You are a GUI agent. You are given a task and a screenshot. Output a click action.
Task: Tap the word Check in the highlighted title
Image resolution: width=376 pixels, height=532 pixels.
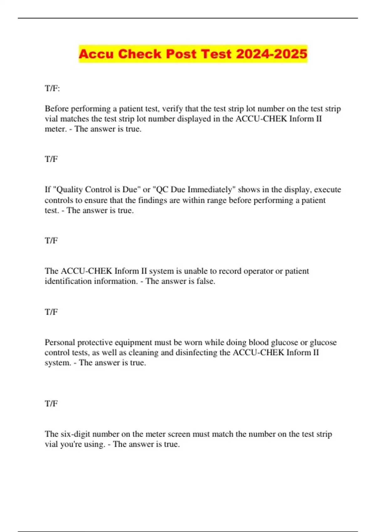[140, 54]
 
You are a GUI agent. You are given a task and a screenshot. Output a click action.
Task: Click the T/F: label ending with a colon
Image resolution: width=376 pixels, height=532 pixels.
[52, 88]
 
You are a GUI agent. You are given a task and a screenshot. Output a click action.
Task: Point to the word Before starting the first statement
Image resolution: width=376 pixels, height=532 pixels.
[57, 109]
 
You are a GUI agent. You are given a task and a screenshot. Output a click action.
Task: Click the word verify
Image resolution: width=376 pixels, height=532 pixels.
[172, 109]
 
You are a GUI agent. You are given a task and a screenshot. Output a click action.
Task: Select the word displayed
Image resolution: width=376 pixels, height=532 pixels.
[194, 119]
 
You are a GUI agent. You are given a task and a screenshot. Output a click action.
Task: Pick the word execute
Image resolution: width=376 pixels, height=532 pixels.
[327, 190]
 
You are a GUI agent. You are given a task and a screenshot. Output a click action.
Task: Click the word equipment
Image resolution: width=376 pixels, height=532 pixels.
[132, 342]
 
